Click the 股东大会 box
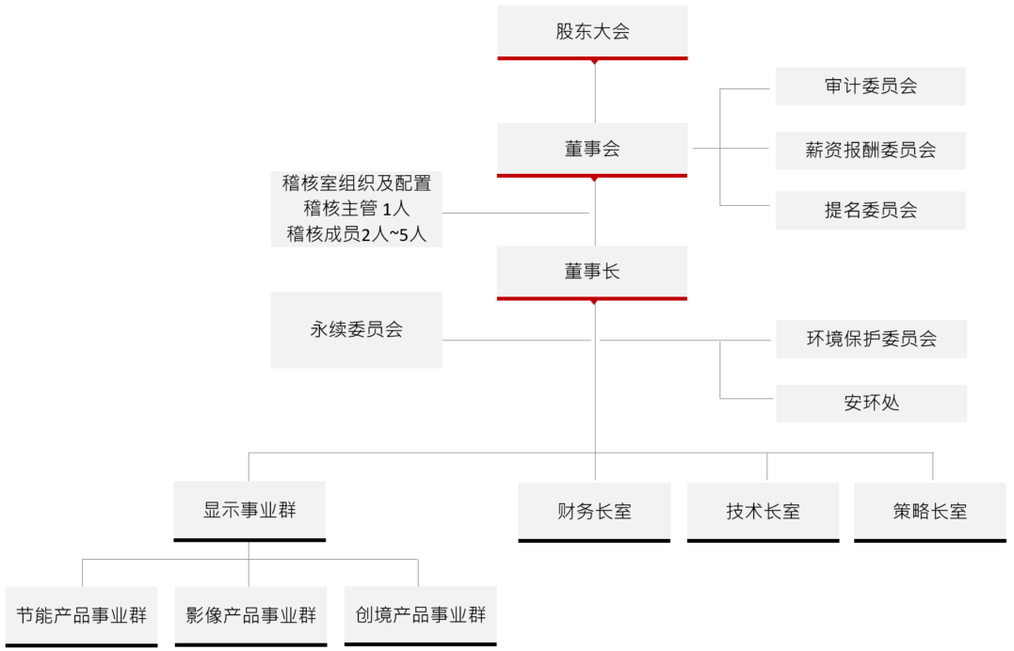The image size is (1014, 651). click(592, 31)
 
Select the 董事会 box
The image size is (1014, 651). click(592, 149)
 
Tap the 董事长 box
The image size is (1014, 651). click(592, 272)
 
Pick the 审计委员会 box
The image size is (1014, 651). click(870, 87)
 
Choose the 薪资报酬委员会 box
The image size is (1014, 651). click(870, 151)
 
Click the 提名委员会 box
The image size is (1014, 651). click(870, 211)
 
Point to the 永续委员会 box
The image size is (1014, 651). click(356, 330)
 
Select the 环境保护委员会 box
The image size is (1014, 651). click(871, 339)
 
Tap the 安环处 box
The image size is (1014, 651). click(871, 404)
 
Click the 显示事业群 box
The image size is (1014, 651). click(249, 511)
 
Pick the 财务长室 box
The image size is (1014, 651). click(594, 512)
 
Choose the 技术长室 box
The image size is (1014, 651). click(763, 512)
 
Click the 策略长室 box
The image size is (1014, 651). click(930, 512)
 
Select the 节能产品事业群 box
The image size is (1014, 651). click(81, 616)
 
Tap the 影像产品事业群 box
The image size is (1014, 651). click(250, 616)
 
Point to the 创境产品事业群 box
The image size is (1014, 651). click(420, 616)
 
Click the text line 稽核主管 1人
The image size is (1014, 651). click(356, 209)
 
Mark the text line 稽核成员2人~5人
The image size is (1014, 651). click(356, 234)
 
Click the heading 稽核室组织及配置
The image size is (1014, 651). click(356, 183)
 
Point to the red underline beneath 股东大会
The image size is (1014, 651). click(592, 58)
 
